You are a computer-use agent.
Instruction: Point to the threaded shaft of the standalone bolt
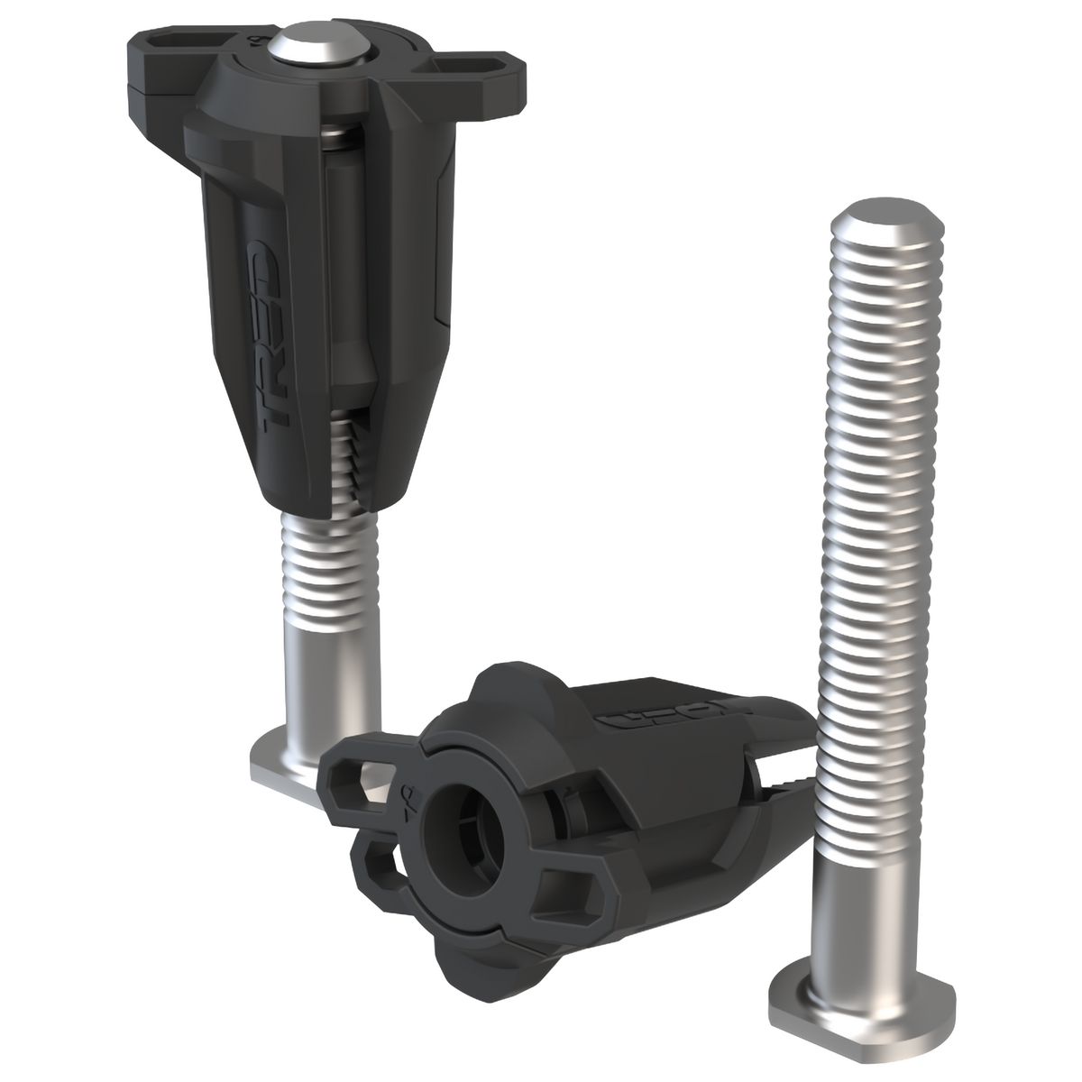(x=875, y=496)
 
